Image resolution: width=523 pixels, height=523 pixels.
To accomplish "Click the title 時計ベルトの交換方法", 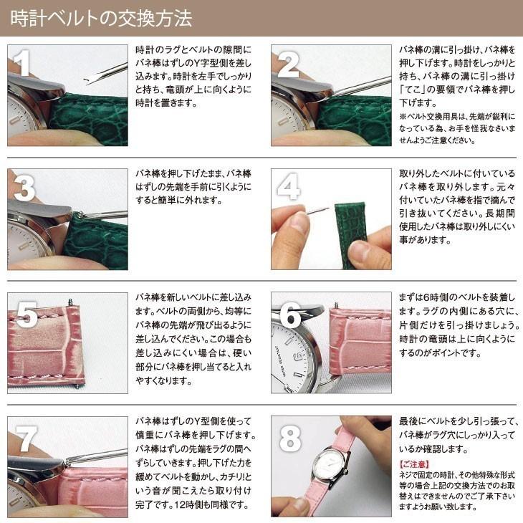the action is (102, 18).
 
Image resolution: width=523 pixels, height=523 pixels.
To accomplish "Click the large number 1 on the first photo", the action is (22, 62).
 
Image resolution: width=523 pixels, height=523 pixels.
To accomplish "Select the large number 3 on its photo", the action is (24, 188).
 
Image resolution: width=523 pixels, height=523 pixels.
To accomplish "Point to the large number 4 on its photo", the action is (289, 186).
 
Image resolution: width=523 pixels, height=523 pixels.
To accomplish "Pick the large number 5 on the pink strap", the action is (27, 314).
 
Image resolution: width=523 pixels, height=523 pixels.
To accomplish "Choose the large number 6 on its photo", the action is (290, 315).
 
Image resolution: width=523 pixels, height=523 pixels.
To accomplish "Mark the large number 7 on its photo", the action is (25, 438).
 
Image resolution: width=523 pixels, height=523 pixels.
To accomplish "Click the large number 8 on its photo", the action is (290, 439).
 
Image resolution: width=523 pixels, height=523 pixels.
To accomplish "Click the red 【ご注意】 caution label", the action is (414, 464).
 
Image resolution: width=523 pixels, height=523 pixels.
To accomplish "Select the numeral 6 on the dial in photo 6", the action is (298, 356).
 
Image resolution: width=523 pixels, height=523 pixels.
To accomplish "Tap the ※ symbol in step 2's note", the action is (403, 116).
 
